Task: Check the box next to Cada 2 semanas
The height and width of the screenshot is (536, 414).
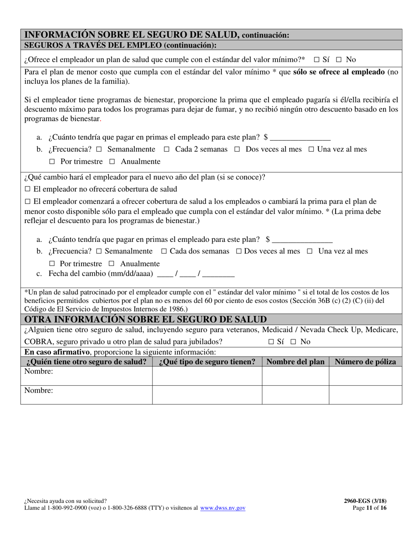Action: [x=166, y=149]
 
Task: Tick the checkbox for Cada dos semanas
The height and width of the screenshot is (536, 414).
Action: [x=164, y=251]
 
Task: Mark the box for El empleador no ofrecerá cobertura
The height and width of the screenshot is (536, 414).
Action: [x=27, y=189]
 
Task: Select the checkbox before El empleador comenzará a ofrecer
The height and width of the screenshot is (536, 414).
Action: [x=27, y=202]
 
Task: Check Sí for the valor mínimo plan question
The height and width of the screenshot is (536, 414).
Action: [x=316, y=60]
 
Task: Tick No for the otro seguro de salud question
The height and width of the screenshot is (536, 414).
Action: [x=293, y=342]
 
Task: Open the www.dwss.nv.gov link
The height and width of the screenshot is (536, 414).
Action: [x=223, y=508]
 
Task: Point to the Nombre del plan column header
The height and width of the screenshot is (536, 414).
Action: [x=295, y=362]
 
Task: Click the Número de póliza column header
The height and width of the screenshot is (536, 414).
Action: [x=365, y=362]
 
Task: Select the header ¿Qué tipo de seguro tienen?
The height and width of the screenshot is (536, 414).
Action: [x=207, y=362]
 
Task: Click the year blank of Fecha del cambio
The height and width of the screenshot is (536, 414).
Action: [x=218, y=274]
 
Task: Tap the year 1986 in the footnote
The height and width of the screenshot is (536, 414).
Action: [x=175, y=309]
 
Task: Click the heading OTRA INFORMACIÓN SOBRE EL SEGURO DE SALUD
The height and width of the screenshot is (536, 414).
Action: [x=146, y=319]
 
